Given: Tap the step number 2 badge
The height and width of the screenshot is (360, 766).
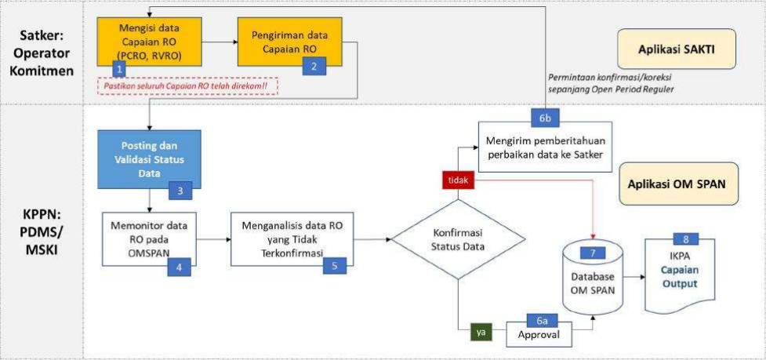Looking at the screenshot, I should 314,66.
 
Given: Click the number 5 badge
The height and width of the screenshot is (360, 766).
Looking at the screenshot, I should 334,266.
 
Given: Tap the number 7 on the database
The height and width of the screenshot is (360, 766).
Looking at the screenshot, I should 594,253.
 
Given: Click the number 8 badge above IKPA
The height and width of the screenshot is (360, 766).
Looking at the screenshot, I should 686,239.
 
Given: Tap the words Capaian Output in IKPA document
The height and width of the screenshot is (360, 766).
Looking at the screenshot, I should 679,276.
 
